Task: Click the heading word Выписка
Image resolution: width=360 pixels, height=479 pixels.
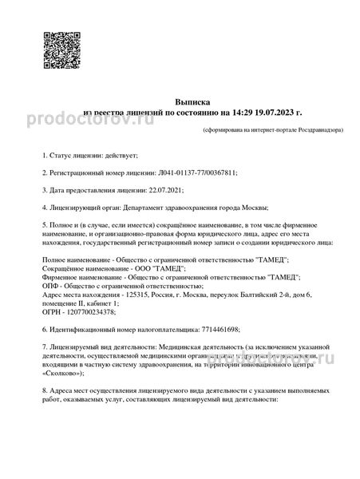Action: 180,103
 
